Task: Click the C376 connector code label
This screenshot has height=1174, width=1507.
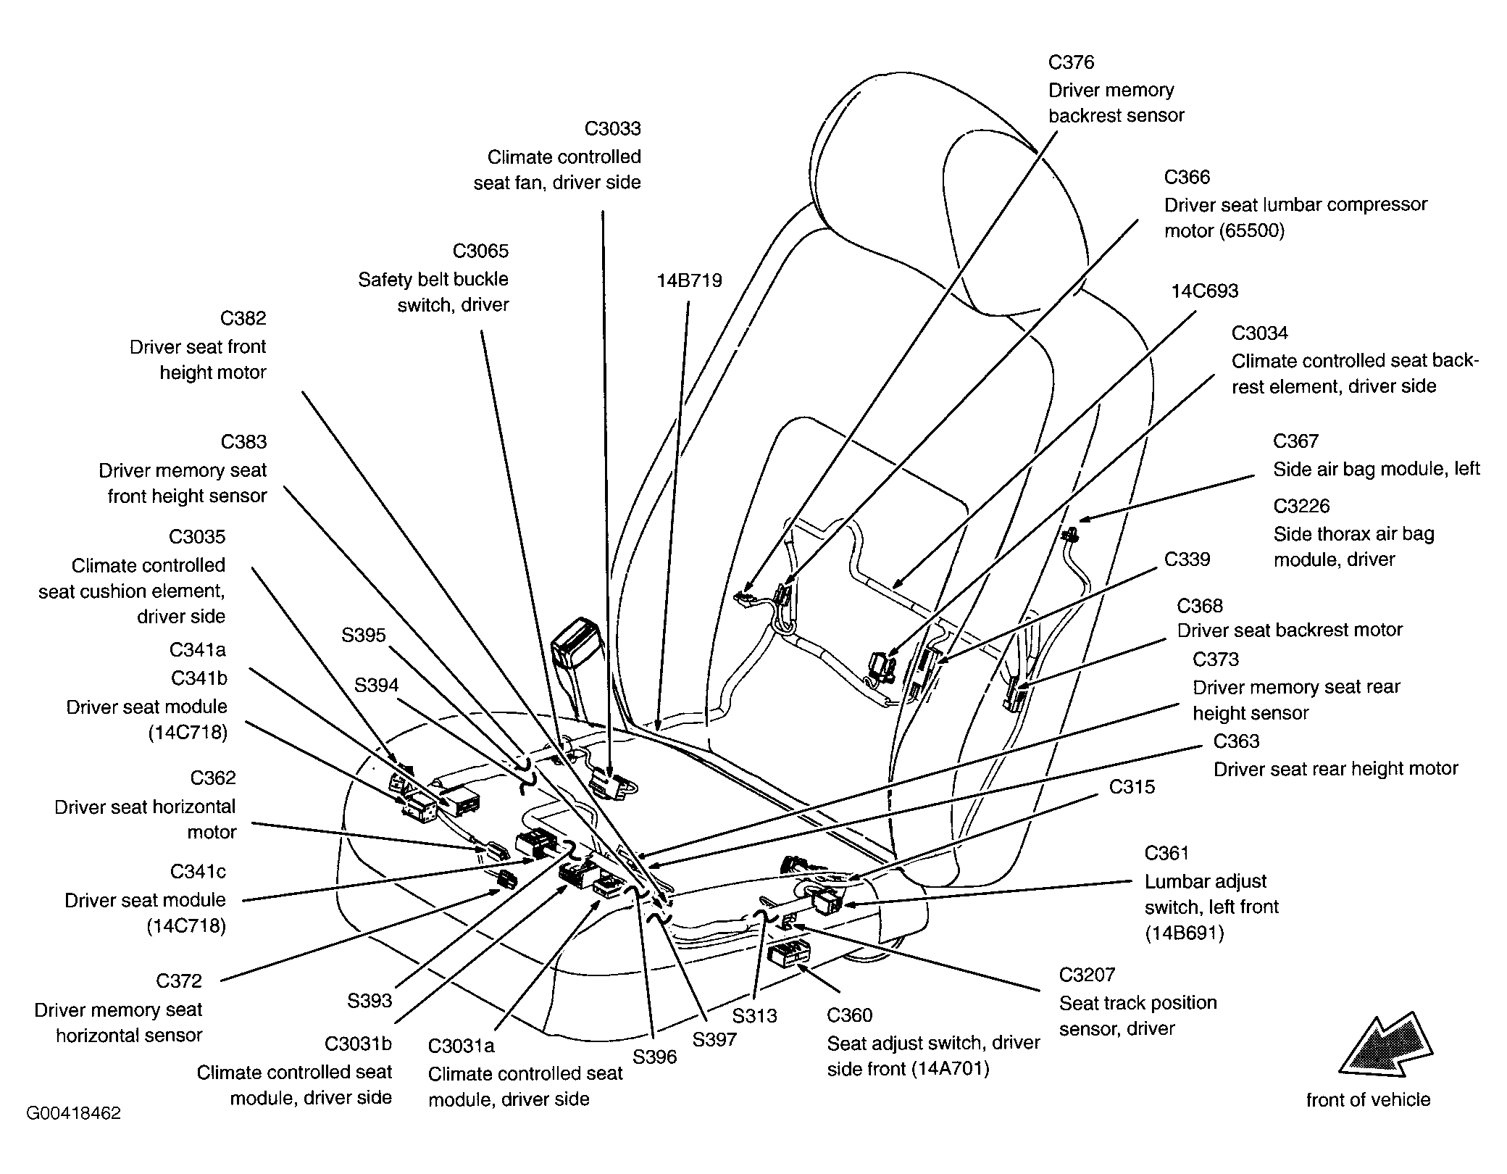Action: point(1071,63)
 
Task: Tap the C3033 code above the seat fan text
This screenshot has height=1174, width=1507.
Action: point(612,129)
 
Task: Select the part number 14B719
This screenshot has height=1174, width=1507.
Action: point(689,281)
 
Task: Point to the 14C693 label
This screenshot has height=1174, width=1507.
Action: point(1205,291)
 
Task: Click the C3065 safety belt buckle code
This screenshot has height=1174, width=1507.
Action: point(480,251)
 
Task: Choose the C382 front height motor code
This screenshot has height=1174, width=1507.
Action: point(243,319)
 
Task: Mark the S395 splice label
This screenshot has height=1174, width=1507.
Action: point(364,636)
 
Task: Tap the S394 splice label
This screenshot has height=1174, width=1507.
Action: point(376,686)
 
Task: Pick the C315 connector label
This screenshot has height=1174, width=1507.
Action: point(1132,787)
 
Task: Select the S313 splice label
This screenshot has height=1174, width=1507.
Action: point(754,1016)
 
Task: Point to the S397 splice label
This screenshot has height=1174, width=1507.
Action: point(714,1040)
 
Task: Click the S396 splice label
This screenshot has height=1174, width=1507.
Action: point(654,1057)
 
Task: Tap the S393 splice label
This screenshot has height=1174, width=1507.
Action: point(370,1002)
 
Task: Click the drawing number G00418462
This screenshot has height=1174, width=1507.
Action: point(73,1113)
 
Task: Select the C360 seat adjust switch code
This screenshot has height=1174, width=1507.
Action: point(850,1016)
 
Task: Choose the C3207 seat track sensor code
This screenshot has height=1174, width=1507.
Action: point(1087,975)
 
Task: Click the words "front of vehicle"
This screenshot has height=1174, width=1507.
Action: point(1368,1100)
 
